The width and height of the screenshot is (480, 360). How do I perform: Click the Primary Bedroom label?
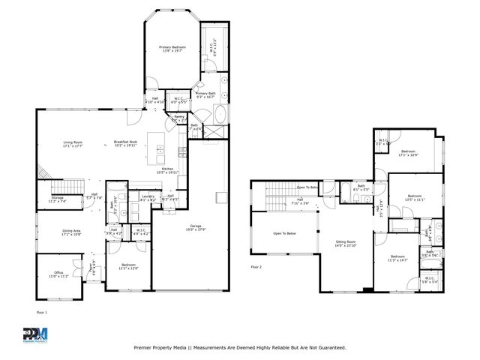point(171,49)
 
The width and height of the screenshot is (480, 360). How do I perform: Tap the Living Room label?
point(73,142)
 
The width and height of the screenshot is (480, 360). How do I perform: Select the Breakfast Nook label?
point(125,142)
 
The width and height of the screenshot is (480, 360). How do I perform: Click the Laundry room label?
point(148,198)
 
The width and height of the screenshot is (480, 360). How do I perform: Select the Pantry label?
point(179,118)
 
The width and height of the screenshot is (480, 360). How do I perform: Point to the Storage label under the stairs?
point(58,199)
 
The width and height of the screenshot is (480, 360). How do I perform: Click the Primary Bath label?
point(205,94)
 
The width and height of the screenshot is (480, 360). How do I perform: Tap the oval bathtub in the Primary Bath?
point(220,115)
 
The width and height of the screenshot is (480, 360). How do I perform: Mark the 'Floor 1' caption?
point(41,310)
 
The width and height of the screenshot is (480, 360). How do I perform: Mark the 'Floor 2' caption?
point(256,266)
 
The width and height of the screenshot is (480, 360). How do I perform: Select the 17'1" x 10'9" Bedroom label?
point(409,153)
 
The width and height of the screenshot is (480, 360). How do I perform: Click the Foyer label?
point(92,268)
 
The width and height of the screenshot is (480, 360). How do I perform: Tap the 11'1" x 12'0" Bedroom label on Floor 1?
point(128,266)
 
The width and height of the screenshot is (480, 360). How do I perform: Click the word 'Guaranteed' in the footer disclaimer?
point(328,347)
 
